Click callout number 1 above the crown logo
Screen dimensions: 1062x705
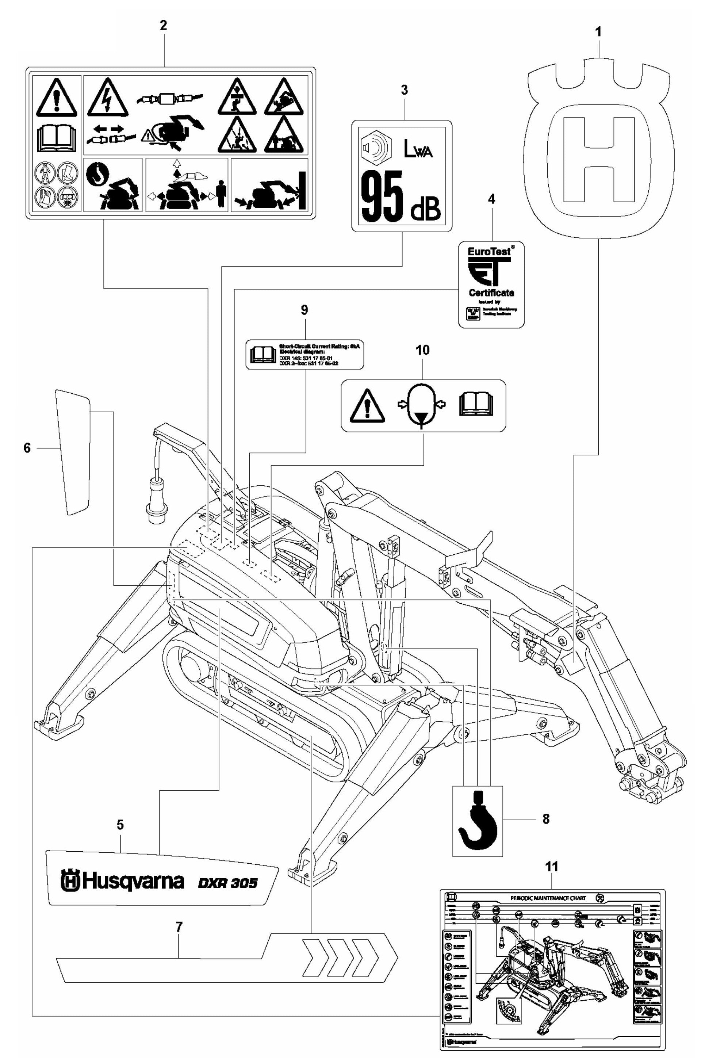pyautogui.click(x=598, y=33)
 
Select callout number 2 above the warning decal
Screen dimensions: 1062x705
pyautogui.click(x=163, y=26)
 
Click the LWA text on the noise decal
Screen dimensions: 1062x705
pyautogui.click(x=418, y=152)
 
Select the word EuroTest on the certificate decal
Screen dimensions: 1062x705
pyautogui.click(x=489, y=252)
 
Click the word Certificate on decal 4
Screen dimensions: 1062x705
pyautogui.click(x=491, y=293)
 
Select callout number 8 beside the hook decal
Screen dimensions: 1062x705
pyautogui.click(x=545, y=819)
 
